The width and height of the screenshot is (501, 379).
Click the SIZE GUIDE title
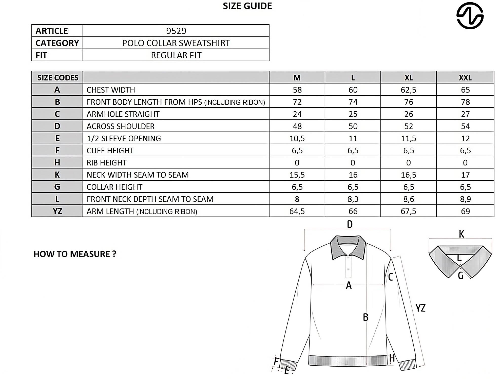click(x=247, y=6)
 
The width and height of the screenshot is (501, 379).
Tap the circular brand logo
click(x=470, y=16)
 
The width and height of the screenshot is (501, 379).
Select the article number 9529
click(x=176, y=31)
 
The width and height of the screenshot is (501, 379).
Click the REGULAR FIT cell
click(x=176, y=55)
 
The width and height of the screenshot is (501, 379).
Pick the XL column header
click(x=408, y=78)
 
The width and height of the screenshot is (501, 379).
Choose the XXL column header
click(x=465, y=78)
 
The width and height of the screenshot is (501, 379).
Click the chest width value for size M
click(x=297, y=90)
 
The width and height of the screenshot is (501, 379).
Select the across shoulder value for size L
click(x=353, y=126)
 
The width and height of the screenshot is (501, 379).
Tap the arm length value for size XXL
click(x=465, y=211)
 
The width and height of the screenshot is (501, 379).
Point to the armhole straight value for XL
click(x=409, y=114)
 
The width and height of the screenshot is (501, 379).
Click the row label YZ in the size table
click(x=57, y=211)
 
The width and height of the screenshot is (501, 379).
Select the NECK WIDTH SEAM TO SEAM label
click(x=138, y=175)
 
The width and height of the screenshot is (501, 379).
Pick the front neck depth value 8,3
click(x=353, y=199)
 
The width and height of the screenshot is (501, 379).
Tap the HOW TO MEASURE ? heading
click(x=75, y=254)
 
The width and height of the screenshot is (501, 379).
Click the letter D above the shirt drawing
click(x=350, y=224)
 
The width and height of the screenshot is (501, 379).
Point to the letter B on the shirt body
click(x=365, y=317)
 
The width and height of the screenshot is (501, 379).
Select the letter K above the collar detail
click(x=461, y=234)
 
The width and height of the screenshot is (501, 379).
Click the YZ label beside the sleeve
click(x=420, y=308)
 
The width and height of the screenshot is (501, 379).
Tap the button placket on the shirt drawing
click(x=348, y=267)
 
